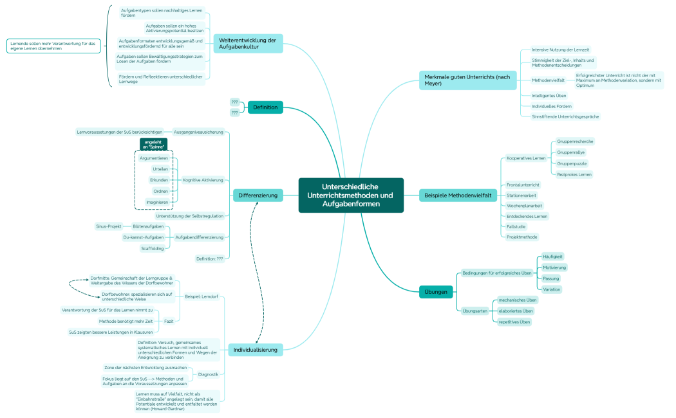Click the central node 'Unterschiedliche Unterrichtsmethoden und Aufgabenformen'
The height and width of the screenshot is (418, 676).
pos(351,195)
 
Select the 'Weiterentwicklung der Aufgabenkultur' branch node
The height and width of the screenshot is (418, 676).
pos(248,44)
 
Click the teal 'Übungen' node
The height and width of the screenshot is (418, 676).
pos(436,291)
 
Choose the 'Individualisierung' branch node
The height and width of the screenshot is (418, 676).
pos(255,350)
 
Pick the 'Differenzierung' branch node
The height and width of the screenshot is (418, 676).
pos(258,195)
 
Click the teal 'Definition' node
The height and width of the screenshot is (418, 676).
pos(265,107)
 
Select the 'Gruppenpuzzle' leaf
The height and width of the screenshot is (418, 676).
pos(572,163)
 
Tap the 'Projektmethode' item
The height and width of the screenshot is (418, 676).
pos(521,237)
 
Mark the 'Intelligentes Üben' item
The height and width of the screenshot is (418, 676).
pos(549,96)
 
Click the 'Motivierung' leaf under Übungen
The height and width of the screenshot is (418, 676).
pos(554,267)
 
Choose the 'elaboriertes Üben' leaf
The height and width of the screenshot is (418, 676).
pos(516,311)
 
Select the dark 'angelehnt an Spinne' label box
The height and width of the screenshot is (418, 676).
pos(153,144)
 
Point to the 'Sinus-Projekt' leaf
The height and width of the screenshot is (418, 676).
pos(109,226)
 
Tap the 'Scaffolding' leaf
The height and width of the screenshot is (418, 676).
pos(152,248)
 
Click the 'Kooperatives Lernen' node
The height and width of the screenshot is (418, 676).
pos(526,158)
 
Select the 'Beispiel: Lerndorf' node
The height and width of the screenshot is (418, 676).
pos(202,296)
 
